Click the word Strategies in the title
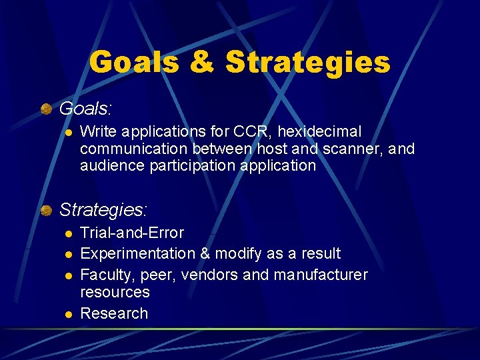[308, 62]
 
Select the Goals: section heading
[86, 108]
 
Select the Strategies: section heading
[103, 210]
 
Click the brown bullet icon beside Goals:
[46, 108]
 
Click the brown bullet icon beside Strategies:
[46, 211]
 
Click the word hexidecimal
[316, 131]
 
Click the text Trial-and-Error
[132, 233]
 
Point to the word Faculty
[104, 275]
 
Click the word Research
[114, 313]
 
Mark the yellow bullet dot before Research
[67, 314]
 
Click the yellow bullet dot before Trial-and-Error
[67, 233]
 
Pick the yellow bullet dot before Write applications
[67, 132]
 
